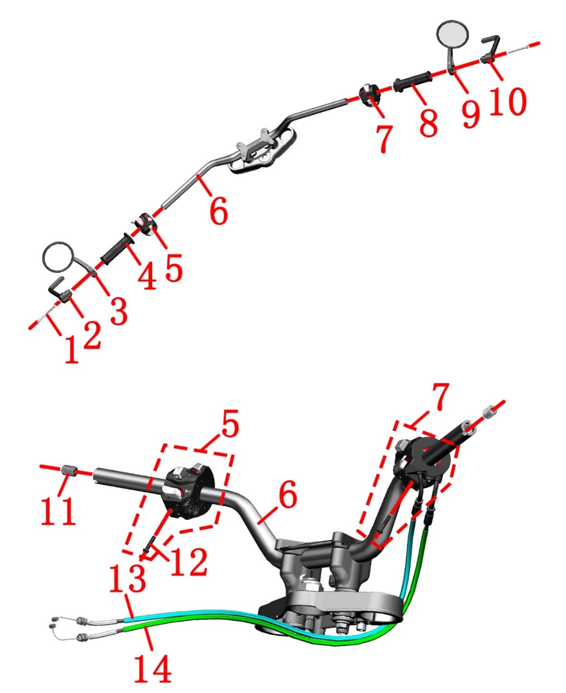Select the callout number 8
428,122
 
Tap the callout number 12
188,562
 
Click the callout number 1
72,348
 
